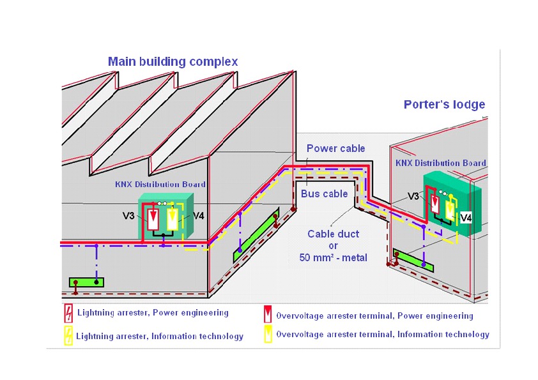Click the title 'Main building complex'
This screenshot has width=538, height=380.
(173, 62)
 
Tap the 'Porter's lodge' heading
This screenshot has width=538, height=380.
(444, 105)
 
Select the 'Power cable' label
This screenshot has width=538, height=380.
(335, 149)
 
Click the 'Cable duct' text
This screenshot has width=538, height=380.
(330, 234)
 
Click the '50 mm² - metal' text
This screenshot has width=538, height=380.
(330, 257)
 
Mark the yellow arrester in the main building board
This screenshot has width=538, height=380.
(172, 219)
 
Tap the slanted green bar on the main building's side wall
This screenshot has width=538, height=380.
(256, 234)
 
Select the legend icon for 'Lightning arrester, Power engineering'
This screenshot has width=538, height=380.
(68, 313)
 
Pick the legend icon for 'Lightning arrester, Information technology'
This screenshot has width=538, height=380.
(68, 335)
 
